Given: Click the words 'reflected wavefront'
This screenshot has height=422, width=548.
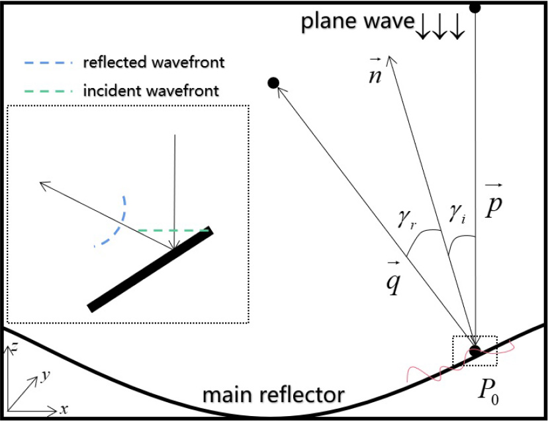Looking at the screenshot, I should (154, 63).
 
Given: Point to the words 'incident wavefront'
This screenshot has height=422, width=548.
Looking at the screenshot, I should (151, 90).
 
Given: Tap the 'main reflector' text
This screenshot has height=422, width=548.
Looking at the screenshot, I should (274, 395).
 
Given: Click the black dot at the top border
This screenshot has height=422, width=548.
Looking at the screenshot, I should (475, 7).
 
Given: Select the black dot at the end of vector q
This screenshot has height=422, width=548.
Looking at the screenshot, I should (272, 83).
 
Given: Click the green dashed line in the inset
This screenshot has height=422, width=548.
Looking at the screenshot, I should (173, 230).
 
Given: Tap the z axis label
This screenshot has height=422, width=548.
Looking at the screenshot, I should (13, 348).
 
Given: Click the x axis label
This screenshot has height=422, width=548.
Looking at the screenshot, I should (64, 409).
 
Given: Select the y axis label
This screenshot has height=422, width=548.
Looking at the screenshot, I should (45, 376).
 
